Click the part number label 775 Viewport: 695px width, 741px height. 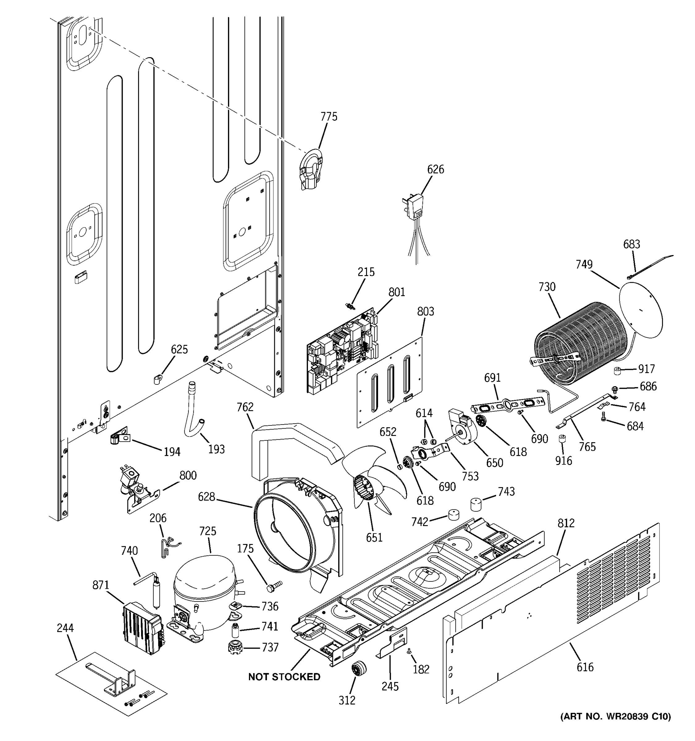(x=329, y=117)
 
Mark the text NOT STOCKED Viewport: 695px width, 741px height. (x=284, y=676)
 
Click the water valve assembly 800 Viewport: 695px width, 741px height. (x=136, y=488)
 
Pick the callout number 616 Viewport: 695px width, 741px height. (x=585, y=667)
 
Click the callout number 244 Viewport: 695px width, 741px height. (x=65, y=628)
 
